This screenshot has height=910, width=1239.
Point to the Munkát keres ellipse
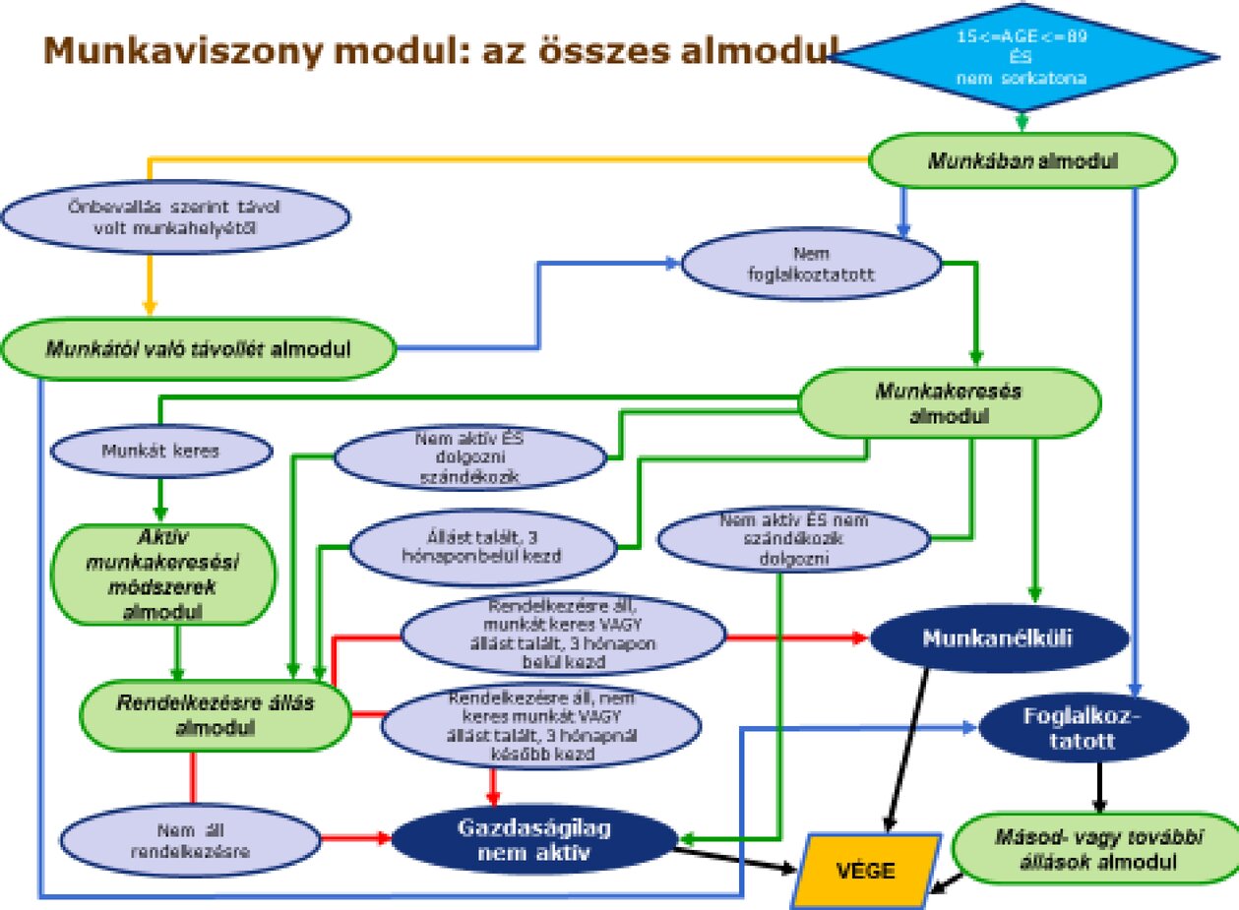[160, 452]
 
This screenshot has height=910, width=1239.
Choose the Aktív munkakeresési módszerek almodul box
[164, 574]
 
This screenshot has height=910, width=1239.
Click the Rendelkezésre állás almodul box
[216, 715]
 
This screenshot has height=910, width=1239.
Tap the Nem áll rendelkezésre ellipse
[190, 839]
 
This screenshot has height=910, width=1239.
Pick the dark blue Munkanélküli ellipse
[997, 637]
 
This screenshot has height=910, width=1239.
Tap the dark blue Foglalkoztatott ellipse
[1083, 728]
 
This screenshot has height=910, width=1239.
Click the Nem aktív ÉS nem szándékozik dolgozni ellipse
[793, 538]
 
